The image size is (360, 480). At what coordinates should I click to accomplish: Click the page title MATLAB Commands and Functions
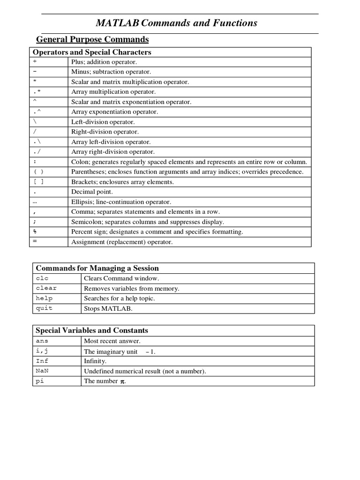pos(177,23)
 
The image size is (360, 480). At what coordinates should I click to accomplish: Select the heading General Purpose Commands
pos(92,39)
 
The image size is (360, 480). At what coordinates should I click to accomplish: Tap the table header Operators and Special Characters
pos(91,52)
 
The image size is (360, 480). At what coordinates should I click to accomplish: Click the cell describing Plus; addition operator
pos(104,62)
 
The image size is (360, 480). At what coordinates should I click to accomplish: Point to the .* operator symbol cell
pos(37,92)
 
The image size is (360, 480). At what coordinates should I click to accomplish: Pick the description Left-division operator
pos(103,122)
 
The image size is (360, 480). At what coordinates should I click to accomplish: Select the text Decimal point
pos(92,192)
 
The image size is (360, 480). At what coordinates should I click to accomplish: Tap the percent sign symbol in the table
pos(35,232)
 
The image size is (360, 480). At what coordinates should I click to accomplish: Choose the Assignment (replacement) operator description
pos(122,242)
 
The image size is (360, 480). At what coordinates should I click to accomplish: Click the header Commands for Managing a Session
pos(97,268)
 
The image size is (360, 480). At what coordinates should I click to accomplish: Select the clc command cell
pos(42,278)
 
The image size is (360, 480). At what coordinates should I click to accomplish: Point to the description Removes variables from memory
pos(131,288)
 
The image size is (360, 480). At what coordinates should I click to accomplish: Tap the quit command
pos(44,308)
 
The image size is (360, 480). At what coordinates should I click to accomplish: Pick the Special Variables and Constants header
pos(92,330)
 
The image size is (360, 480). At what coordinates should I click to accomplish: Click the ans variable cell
pos(42,341)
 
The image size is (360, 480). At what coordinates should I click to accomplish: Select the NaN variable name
pos(42,371)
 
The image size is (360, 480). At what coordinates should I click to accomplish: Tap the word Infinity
pos(95,361)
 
